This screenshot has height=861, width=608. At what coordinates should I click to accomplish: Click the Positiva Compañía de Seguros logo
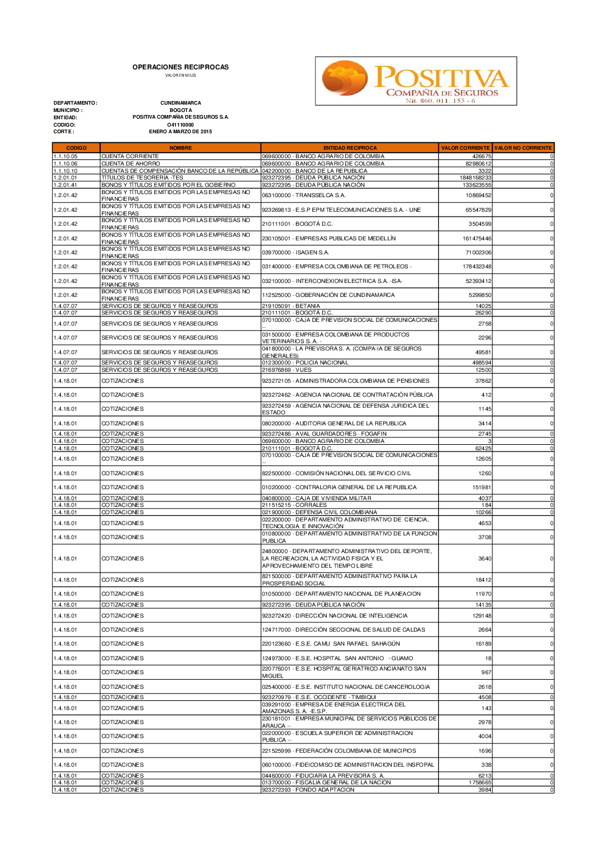416,81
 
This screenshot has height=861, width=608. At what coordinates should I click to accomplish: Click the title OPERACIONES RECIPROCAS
181,67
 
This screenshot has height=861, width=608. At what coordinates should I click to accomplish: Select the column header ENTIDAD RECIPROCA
350,148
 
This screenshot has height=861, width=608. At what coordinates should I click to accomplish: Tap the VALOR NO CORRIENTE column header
523,148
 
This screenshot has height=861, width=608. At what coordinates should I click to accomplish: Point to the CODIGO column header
76,148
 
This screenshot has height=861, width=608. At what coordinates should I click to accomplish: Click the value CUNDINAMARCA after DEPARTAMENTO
181,103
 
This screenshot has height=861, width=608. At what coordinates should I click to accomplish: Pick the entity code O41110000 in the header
181,125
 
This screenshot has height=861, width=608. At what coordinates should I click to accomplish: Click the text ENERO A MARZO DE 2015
181,131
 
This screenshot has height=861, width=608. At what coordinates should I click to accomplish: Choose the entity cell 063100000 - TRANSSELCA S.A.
303,195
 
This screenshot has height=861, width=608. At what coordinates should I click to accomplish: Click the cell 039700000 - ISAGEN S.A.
295,253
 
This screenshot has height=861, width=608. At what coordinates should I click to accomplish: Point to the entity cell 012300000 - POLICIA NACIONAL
305,363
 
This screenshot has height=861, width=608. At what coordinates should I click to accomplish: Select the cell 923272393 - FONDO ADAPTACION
308,790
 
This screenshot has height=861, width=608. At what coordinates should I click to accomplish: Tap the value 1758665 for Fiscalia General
480,783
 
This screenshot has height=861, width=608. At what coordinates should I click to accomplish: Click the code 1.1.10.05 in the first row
66,156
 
